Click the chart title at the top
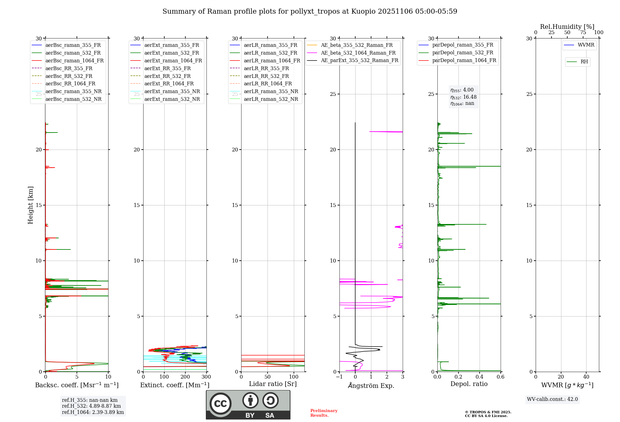310,11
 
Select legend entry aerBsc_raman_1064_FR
74,61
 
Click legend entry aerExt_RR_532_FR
167,76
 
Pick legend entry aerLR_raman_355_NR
271,92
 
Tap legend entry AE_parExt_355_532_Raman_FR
359,61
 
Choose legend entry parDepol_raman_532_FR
463,53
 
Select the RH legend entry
584,62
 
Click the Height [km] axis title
30,205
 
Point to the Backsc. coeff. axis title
77,385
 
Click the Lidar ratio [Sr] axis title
273,384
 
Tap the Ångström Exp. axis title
371,386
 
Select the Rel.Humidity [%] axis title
567,27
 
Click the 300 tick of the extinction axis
206,377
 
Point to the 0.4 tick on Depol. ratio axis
480,377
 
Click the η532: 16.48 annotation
463,97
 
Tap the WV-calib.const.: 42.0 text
552,399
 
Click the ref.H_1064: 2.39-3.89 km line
93,412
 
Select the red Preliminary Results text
324,413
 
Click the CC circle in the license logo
220,404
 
